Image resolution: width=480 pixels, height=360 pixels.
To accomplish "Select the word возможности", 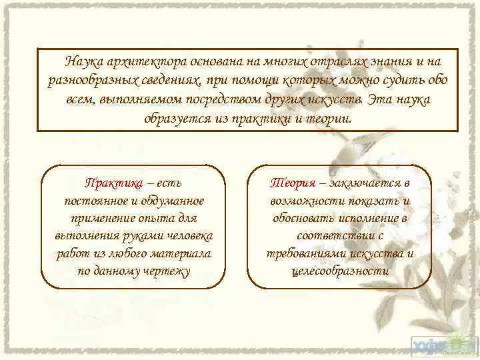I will click(x=303, y=201).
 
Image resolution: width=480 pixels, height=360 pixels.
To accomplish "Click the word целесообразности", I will click(x=340, y=271).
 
